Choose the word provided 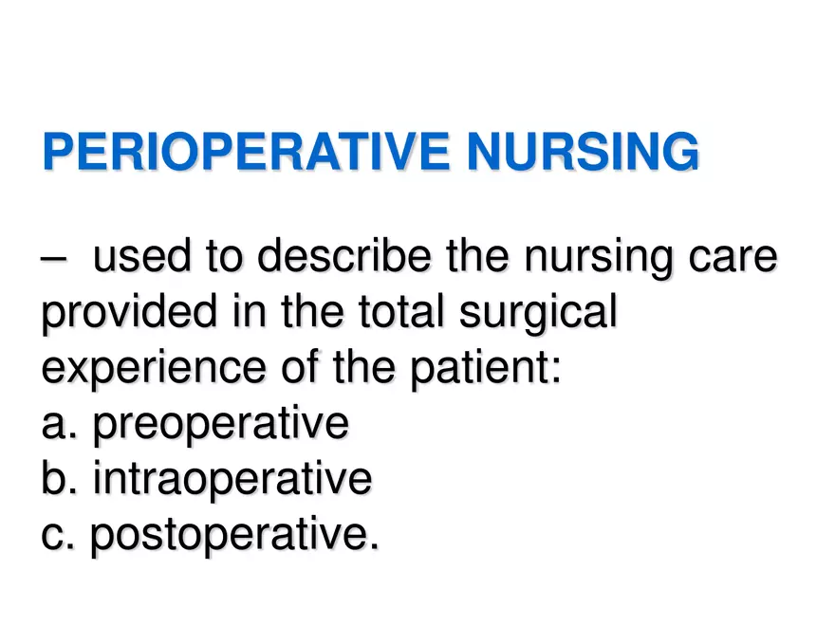click(x=115, y=315)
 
